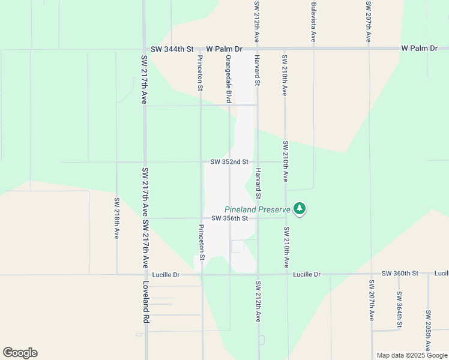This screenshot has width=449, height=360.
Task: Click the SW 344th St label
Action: [x=172, y=49]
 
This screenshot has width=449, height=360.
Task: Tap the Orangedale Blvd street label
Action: [x=228, y=80]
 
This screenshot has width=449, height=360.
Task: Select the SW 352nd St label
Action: [x=229, y=162]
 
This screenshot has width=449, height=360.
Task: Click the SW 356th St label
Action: [x=229, y=218]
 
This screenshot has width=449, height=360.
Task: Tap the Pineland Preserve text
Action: [x=257, y=209]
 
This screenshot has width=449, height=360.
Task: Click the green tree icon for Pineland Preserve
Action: [x=300, y=209]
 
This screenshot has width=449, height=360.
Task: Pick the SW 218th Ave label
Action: [x=116, y=218]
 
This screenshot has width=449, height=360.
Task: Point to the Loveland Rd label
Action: [x=146, y=303]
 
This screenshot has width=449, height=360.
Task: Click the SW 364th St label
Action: [x=399, y=310]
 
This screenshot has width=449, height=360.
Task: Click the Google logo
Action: [x=20, y=353]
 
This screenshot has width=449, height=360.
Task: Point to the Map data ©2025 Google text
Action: [x=412, y=355]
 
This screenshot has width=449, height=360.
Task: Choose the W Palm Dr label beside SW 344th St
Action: [x=224, y=49]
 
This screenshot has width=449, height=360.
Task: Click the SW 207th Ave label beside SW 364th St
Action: [x=372, y=299]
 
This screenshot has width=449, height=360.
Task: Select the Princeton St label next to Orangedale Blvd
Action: [x=200, y=73]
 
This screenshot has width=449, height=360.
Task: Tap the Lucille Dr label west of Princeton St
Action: [x=166, y=275]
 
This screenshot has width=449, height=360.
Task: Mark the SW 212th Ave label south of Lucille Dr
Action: [x=258, y=301]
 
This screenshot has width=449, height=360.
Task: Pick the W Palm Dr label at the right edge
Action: [x=420, y=48]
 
